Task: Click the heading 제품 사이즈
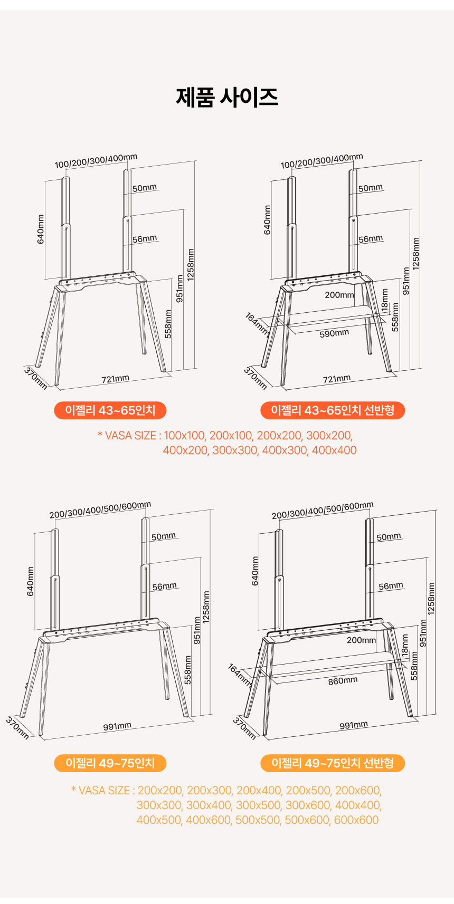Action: (x=227, y=97)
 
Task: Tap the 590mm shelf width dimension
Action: (x=334, y=333)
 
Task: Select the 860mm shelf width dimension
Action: (x=343, y=681)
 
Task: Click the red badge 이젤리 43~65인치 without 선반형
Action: (x=110, y=410)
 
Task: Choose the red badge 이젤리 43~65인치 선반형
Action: (x=333, y=410)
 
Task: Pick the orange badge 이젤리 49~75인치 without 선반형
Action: (x=110, y=763)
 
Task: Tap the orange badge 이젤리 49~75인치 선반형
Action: (x=333, y=763)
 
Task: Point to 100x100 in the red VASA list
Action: (x=184, y=436)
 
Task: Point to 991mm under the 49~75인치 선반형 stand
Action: (x=353, y=725)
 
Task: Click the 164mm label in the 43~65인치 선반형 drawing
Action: (x=257, y=324)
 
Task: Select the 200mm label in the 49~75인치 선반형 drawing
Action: (x=361, y=640)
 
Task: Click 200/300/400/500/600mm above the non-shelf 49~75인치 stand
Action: (x=100, y=509)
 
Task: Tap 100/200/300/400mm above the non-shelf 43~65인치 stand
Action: (x=96, y=161)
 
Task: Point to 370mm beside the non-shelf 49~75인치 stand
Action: (x=17, y=728)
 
